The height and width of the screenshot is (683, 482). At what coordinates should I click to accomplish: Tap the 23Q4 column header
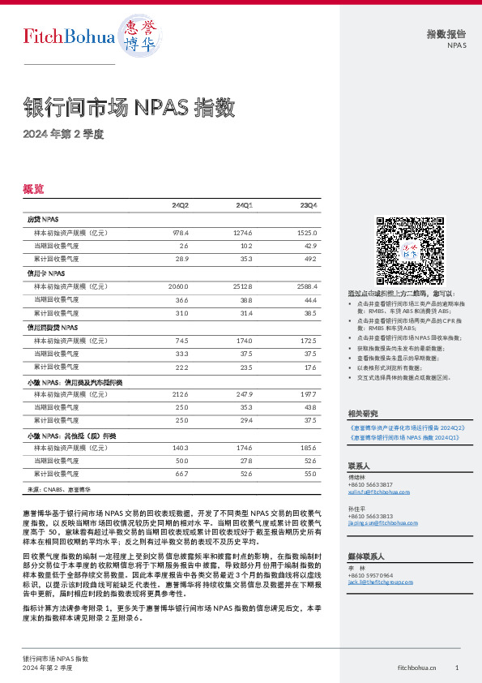tap(309, 205)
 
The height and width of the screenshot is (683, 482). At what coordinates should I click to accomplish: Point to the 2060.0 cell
tap(178, 286)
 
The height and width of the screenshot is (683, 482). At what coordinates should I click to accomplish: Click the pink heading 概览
tap(34, 188)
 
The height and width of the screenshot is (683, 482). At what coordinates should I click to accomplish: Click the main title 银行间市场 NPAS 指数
tap(129, 107)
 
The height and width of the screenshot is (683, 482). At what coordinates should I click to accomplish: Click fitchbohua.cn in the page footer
tap(417, 667)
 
